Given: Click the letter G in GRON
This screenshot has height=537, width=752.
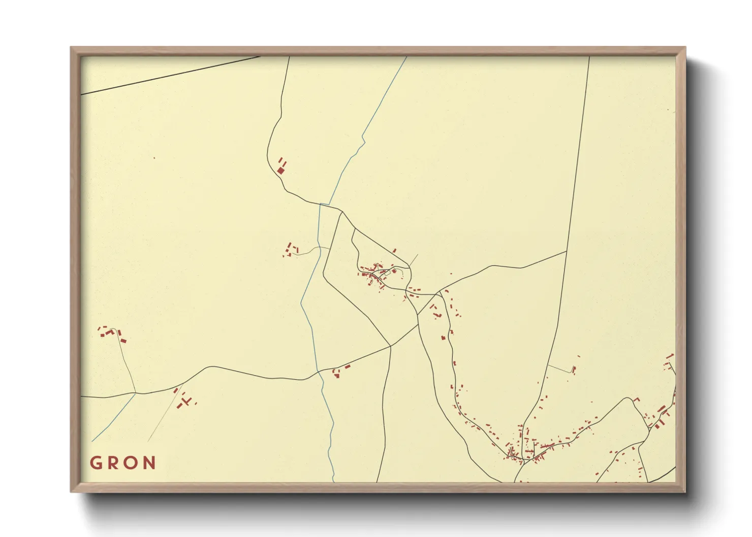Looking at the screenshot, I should (96, 463).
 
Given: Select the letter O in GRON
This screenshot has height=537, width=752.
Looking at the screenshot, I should (132, 463).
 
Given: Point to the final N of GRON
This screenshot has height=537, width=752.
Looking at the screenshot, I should (149, 463).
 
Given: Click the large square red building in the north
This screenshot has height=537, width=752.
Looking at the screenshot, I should (280, 171).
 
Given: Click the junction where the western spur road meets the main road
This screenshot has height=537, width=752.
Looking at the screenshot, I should (135, 392).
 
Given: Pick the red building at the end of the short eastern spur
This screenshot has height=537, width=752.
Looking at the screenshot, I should (574, 369).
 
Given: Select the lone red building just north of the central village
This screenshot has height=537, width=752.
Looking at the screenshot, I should (394, 251).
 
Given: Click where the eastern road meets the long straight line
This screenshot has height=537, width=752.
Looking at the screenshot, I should (567, 251).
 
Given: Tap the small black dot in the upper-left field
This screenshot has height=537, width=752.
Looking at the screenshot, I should (154, 158).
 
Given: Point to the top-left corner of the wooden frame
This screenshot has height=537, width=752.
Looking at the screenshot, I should (71, 48).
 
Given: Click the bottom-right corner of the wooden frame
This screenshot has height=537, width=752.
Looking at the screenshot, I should (685, 491).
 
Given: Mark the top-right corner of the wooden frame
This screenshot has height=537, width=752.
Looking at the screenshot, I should (685, 48).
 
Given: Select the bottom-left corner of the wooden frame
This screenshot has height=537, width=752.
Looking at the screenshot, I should (71, 491).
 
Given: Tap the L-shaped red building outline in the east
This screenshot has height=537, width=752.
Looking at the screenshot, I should (635, 400).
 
